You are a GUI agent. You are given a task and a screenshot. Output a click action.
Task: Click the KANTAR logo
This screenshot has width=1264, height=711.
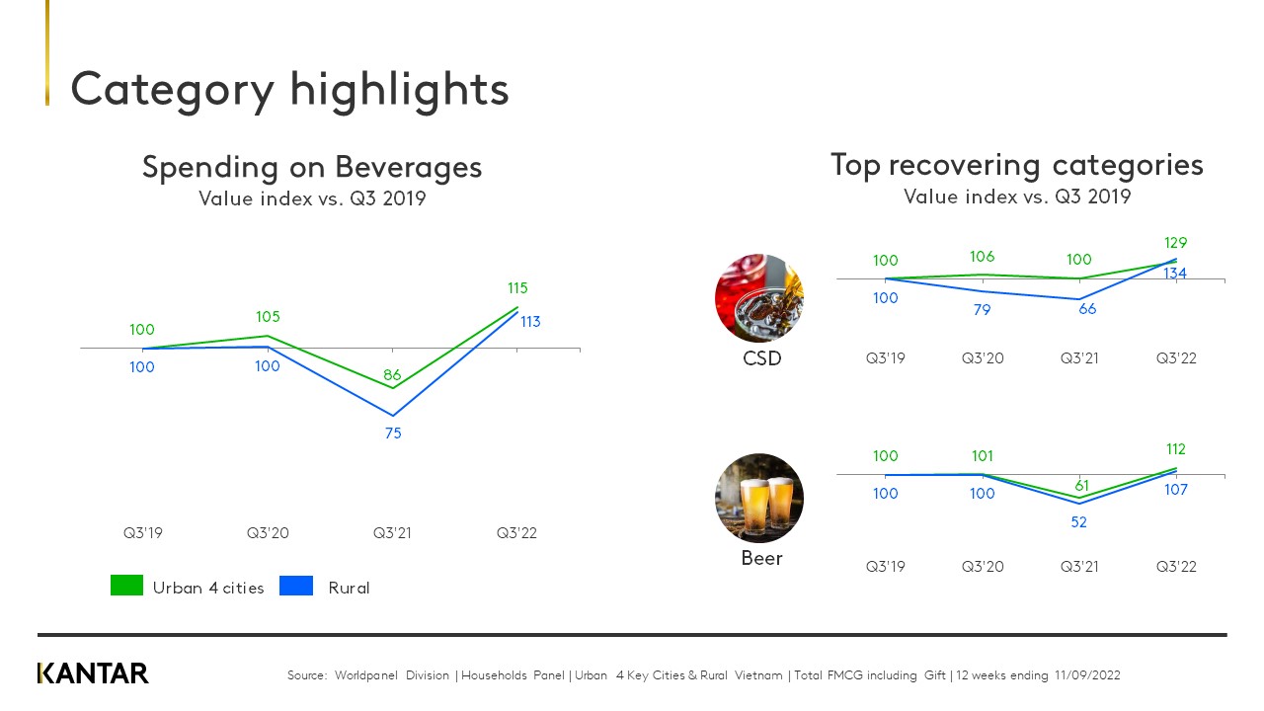click(93, 673)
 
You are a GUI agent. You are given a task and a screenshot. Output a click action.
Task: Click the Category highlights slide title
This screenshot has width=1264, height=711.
click(289, 89)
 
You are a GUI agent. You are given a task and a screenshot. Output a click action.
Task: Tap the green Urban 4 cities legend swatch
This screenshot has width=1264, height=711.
click(126, 586)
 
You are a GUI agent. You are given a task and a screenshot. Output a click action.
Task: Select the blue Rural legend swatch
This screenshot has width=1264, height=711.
click(296, 586)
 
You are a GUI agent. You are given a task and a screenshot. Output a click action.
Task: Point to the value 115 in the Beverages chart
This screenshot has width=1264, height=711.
click(517, 288)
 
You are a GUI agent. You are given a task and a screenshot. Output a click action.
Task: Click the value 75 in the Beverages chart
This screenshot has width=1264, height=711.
click(393, 433)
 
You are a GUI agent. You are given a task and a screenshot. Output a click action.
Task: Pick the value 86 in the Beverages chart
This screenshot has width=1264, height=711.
click(393, 375)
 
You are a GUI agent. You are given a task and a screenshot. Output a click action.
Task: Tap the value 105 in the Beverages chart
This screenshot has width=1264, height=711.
click(268, 317)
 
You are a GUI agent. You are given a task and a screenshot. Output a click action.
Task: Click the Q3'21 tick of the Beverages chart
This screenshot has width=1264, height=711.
click(392, 533)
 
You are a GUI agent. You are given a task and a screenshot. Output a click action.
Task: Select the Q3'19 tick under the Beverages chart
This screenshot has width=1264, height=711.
click(142, 533)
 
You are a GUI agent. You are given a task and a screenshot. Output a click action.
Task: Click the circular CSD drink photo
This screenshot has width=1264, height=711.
click(758, 298)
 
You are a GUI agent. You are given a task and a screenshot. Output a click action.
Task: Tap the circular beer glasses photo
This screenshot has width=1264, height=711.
click(758, 498)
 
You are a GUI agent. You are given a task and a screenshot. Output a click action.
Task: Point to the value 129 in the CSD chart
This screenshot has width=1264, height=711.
click(1175, 243)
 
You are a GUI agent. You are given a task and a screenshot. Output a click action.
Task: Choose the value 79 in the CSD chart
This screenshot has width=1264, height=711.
click(982, 310)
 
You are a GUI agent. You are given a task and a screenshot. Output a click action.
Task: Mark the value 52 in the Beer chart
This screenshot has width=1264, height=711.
click(1078, 522)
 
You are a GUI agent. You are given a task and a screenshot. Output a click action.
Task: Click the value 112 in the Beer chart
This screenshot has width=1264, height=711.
click(1174, 450)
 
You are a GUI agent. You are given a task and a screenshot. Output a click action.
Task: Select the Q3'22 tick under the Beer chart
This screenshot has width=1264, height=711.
click(1176, 567)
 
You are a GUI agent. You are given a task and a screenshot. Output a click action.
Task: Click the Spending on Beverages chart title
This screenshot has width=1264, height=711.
click(312, 167)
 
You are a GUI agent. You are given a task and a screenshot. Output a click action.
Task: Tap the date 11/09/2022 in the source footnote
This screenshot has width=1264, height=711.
click(1086, 675)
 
